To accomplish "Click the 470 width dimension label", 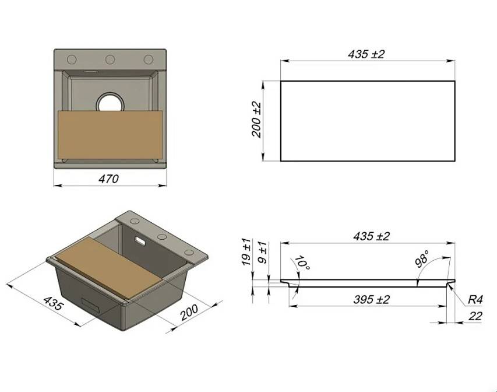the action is point(109,179).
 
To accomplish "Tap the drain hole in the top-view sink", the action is point(110,102).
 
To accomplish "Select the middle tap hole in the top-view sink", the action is point(110,60).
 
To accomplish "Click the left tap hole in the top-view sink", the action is point(72,60).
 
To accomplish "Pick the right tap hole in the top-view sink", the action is point(149,60).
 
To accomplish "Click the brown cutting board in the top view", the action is point(110,135).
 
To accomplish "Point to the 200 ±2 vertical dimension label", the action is point(256,120).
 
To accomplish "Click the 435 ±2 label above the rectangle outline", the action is point(366,54).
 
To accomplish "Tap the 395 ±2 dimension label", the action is point(371,300).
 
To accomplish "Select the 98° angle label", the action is point(422,258).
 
